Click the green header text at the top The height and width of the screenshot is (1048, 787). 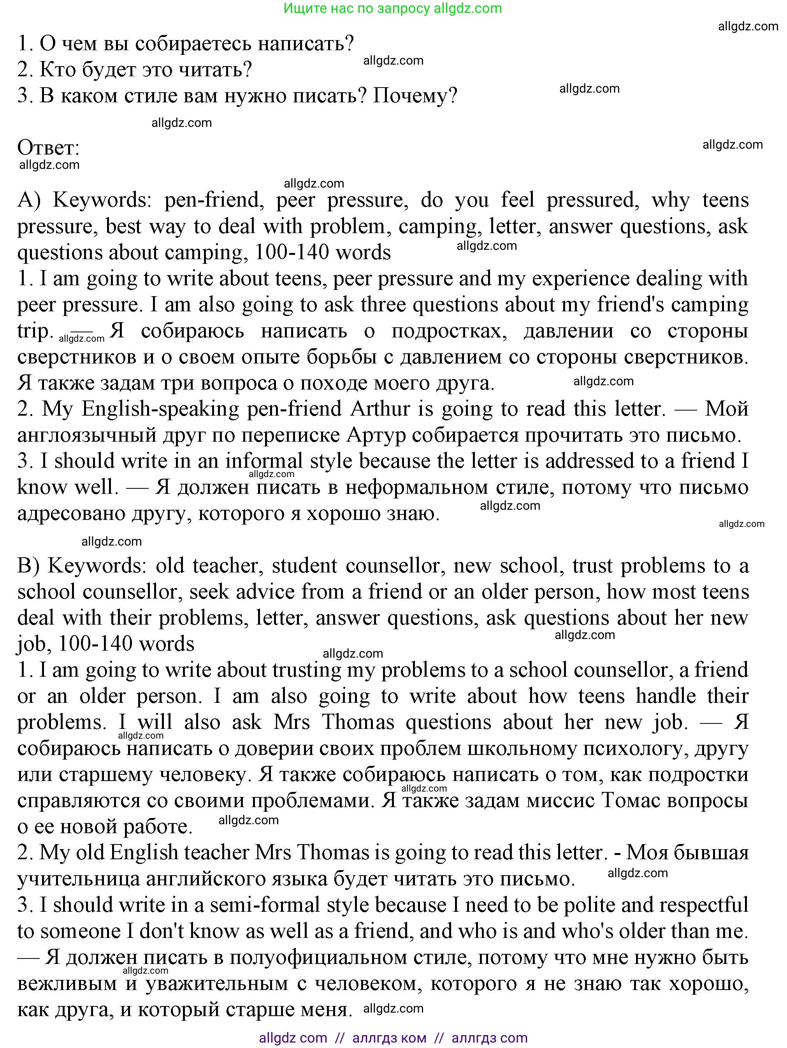coord(393,8)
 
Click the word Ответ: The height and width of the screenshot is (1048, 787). coord(48,147)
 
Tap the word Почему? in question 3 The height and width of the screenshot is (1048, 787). coord(415,96)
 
